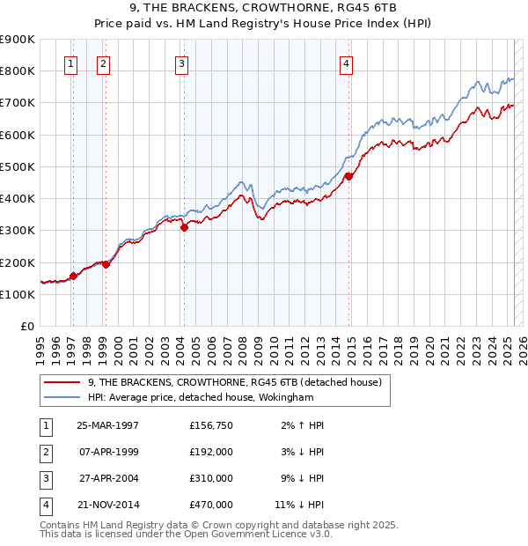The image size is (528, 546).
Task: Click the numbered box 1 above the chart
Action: pyautogui.click(x=70, y=63)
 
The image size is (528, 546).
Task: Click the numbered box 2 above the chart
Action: pyautogui.click(x=103, y=63)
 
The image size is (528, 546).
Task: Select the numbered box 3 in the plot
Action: pyautogui.click(x=180, y=63)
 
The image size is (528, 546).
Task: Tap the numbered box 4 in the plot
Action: pyautogui.click(x=347, y=63)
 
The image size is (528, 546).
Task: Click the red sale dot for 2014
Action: pyautogui.click(x=348, y=176)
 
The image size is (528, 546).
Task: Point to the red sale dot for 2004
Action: pyautogui.click(x=184, y=227)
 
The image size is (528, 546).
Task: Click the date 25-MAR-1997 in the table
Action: pyautogui.click(x=108, y=425)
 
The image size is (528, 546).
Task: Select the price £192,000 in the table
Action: pyautogui.click(x=211, y=452)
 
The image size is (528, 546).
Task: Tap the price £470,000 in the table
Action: pyautogui.click(x=211, y=505)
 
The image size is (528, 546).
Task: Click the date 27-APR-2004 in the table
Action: pyautogui.click(x=108, y=478)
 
